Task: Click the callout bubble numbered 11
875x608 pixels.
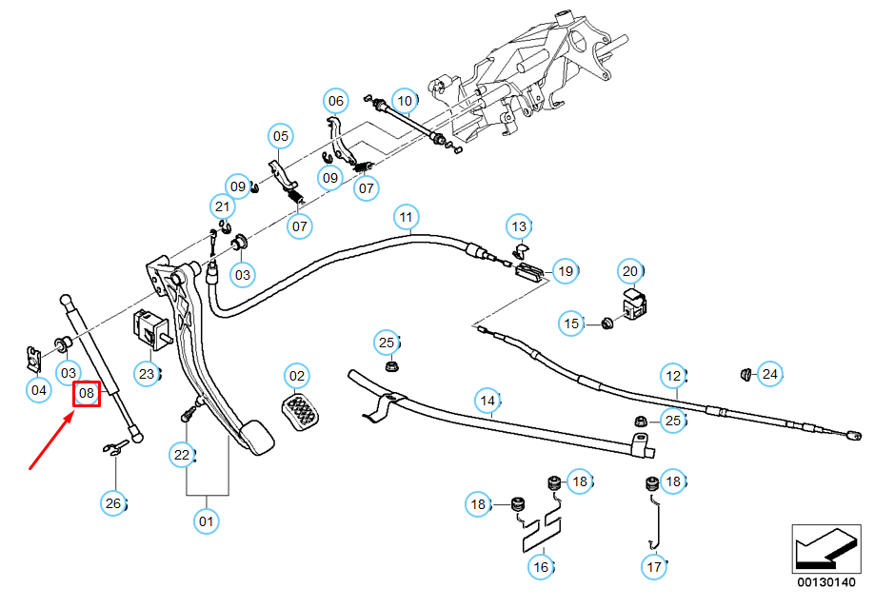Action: [x=407, y=218]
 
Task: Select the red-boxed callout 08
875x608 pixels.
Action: [x=87, y=392]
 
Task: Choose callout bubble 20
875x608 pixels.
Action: [x=629, y=271]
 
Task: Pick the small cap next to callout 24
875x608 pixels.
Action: [x=746, y=371]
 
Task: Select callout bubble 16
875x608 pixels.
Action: [x=541, y=567]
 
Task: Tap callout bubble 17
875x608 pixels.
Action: [x=654, y=567]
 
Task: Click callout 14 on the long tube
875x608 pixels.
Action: [x=488, y=402]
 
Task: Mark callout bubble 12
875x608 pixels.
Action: [x=674, y=374]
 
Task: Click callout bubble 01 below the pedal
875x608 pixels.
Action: [x=205, y=520]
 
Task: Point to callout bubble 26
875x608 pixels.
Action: [x=113, y=503]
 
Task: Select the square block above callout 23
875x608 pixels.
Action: [x=149, y=329]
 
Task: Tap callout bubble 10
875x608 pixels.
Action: [x=404, y=100]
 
